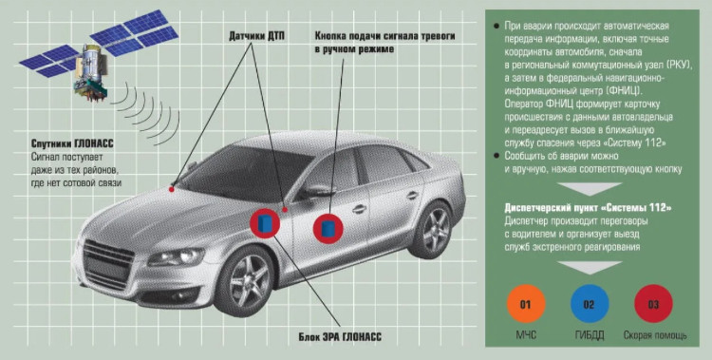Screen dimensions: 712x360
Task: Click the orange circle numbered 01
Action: tap(526, 304)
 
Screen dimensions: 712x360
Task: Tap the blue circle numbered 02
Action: tap(590, 304)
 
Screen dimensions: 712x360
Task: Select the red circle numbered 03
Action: tap(653, 304)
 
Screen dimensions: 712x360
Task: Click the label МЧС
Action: tap(526, 336)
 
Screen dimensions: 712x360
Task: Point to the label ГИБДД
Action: tap(590, 336)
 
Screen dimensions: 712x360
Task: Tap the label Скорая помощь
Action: tap(655, 336)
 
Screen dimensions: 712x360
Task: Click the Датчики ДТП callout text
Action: tap(257, 36)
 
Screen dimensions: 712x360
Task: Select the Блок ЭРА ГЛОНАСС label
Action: tap(340, 337)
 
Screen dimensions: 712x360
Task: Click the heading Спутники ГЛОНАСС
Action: tap(73, 143)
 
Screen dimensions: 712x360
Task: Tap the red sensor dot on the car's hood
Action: tap(172, 189)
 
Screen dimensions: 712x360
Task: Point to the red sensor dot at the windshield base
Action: tap(285, 210)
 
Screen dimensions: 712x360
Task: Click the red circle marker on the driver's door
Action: tap(328, 228)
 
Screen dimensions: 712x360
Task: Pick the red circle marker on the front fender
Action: tap(265, 222)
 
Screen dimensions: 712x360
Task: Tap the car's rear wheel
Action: tap(433, 229)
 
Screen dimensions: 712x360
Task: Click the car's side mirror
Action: tap(315, 191)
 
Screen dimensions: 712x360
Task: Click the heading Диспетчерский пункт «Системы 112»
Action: tap(588, 208)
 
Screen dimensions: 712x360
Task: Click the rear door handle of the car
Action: tap(412, 196)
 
